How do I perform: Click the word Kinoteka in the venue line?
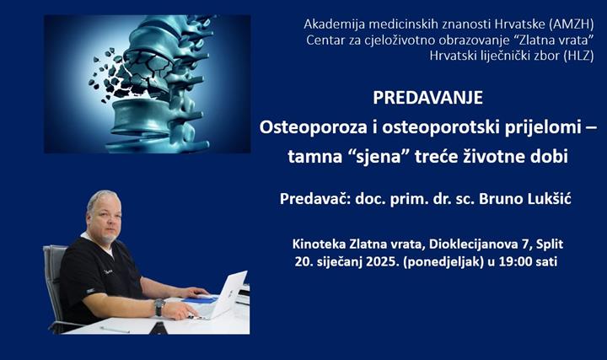(x=318, y=244)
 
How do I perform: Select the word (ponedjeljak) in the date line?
(x=437, y=261)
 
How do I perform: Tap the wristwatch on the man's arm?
(x=158, y=306)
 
